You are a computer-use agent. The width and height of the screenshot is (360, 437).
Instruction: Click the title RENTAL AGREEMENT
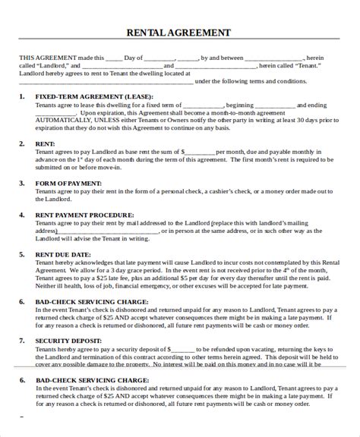click(179, 33)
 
